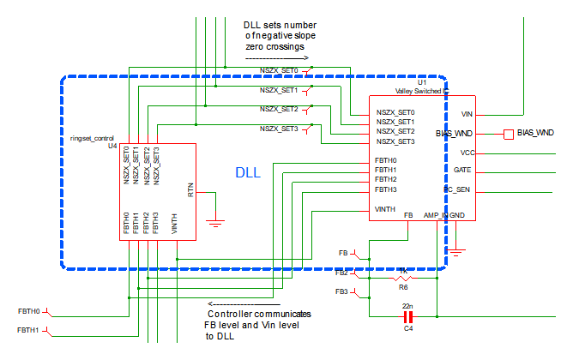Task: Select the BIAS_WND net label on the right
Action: (535, 134)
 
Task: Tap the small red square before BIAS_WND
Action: (508, 134)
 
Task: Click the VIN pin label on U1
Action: (467, 113)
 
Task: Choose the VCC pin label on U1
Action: (467, 153)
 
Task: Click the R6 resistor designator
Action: (403, 288)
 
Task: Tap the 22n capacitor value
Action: (407, 306)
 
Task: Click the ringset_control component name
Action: (92, 138)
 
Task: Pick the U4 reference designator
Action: (112, 147)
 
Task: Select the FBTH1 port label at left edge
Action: (29, 329)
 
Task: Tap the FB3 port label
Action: (342, 292)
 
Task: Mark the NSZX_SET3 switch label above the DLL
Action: (279, 129)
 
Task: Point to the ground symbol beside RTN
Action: (216, 221)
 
